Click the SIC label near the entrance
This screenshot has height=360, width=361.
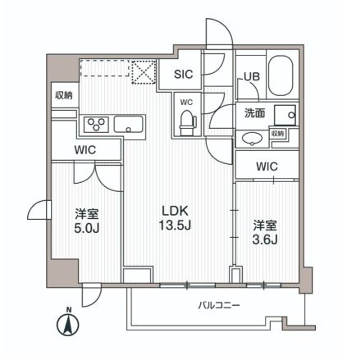(x=185, y=75)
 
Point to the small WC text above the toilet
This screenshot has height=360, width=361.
(x=186, y=102)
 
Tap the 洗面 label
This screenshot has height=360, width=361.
(x=253, y=113)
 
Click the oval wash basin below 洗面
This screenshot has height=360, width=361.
(x=252, y=138)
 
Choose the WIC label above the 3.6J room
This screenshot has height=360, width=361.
(x=265, y=167)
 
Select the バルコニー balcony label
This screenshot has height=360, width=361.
(x=218, y=306)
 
